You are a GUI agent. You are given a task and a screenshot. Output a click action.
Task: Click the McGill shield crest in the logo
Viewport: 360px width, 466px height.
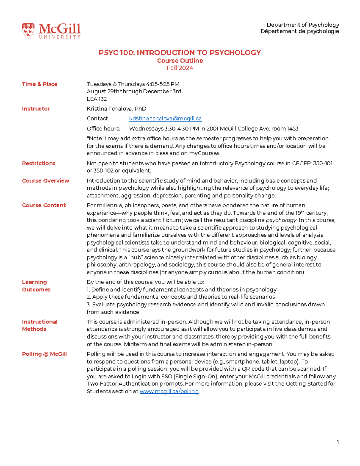28,31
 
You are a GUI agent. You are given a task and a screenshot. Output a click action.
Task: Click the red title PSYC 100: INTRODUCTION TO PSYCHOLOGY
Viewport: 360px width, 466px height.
180,53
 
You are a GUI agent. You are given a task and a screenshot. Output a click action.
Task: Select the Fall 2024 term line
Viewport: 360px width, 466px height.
180,68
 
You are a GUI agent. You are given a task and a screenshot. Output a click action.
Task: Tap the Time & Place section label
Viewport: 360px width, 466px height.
40,84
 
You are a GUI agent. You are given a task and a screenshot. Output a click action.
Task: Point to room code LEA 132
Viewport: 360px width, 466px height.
97,99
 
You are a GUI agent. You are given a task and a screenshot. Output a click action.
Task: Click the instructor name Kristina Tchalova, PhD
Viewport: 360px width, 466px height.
116,109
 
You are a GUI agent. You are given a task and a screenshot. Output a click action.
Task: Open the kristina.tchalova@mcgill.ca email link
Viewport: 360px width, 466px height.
165,119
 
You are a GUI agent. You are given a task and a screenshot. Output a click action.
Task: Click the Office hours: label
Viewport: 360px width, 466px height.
103,129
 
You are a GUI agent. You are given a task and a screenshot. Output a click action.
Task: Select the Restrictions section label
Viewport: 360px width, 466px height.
39,163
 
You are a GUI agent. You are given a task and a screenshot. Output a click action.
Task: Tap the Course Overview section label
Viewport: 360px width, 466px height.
46,181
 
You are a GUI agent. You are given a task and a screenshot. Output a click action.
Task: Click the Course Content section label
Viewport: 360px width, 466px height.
44,205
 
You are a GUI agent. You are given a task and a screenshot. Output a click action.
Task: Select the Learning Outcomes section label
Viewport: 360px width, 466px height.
36,286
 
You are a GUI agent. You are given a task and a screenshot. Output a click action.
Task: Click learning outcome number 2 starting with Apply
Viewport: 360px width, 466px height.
181,297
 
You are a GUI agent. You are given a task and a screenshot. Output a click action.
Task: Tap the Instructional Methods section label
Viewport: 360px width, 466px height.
40,325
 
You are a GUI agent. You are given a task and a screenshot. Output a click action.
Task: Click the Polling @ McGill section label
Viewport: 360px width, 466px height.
44,354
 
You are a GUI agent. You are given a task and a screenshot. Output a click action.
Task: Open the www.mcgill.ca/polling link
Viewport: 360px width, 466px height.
169,391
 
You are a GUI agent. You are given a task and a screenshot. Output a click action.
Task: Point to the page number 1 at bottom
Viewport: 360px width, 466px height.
338,442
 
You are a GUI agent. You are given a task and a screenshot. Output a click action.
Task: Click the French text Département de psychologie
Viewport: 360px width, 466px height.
299,31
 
